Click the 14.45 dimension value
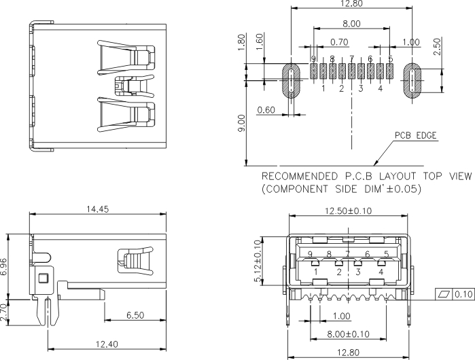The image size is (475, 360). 98,209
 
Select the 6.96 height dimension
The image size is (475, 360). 3,266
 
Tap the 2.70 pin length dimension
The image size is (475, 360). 3,312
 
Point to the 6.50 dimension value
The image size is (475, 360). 135,315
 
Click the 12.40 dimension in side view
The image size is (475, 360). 107,344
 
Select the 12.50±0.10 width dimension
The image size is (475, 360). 348,211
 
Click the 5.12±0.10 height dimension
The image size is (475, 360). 258,261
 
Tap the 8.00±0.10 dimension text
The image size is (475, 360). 349,334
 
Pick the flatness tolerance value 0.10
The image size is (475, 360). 463,294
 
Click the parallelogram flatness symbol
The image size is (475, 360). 444,294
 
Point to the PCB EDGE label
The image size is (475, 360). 416,135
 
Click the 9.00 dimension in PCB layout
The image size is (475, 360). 241,123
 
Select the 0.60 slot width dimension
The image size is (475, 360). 266,109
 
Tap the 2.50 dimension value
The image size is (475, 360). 437,46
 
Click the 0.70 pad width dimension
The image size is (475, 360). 339,42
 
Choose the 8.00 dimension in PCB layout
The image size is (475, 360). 351,24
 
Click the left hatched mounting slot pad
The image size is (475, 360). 291,81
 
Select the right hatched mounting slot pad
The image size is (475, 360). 412,81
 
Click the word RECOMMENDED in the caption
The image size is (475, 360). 299,176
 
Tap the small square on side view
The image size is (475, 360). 43,278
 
